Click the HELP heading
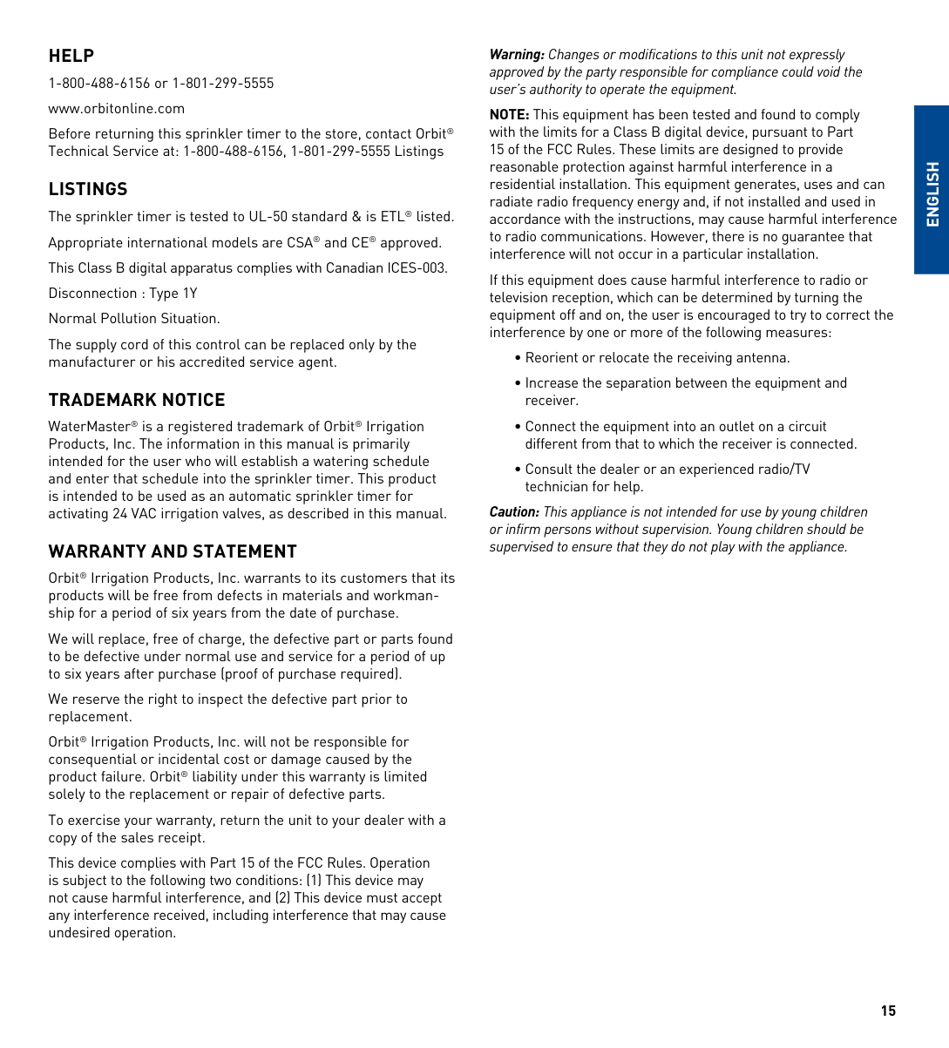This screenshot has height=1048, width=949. click(x=71, y=56)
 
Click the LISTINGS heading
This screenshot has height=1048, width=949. click(x=88, y=189)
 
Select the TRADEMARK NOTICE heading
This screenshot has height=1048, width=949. click(x=137, y=400)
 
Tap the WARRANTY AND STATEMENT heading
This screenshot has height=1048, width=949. click(x=173, y=551)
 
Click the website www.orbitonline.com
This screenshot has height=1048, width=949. click(x=117, y=109)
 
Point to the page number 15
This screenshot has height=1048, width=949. click(x=888, y=1011)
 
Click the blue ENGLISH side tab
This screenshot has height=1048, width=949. click(x=932, y=190)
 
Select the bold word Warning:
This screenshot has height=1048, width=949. click(x=517, y=55)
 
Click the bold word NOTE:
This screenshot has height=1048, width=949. click(x=509, y=115)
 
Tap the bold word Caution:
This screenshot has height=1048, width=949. click(x=514, y=512)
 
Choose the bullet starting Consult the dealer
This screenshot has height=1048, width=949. click(x=667, y=477)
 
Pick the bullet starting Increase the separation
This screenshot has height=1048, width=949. click(x=685, y=391)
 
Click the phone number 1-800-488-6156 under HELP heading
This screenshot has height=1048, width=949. click(x=99, y=84)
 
